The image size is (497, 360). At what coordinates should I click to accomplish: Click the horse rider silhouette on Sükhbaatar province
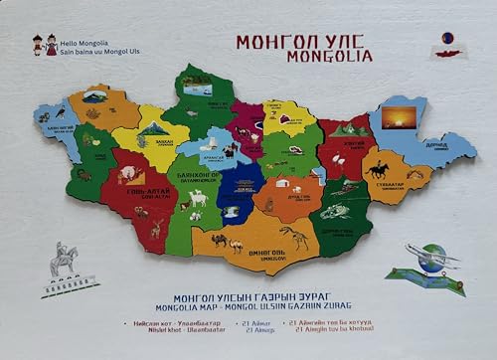coord(378,169)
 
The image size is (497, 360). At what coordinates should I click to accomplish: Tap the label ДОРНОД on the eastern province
coord(436,145)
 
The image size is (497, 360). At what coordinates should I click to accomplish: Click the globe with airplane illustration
coord(429,263)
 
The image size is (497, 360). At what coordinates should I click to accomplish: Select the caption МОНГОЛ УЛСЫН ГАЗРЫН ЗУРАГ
coord(248,298)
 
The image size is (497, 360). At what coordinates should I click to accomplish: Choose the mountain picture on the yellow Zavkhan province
coord(154,129)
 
